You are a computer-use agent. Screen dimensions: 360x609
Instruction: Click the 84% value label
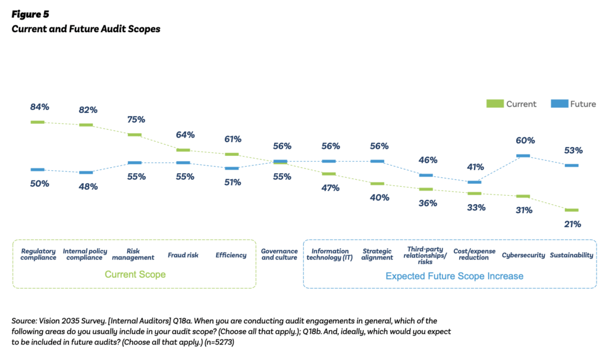coord(39,107)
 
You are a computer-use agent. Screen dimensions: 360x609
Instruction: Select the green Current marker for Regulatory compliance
coord(38,122)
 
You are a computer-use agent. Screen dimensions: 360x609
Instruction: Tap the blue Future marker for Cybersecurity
coord(523,155)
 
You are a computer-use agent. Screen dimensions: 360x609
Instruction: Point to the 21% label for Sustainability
coord(573,224)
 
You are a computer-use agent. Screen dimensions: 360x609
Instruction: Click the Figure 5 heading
coord(30,14)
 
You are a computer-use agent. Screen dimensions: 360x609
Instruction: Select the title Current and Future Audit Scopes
coord(86,29)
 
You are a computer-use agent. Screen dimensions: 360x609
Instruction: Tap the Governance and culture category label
coord(279,254)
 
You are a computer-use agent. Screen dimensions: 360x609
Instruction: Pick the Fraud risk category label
coord(183,255)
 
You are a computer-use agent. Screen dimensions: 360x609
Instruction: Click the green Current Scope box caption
coord(135,275)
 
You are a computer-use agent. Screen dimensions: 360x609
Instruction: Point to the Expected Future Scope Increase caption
coord(454,276)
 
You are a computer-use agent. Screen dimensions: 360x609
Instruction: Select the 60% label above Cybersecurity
coord(525,140)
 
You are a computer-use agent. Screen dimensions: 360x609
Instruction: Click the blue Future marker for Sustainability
coord(572,165)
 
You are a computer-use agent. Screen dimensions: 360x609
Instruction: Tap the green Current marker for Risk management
coord(134,135)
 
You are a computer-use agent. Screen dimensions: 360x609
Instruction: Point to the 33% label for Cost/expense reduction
coord(476,208)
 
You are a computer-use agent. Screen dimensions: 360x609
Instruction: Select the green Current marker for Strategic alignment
coord(378,184)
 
